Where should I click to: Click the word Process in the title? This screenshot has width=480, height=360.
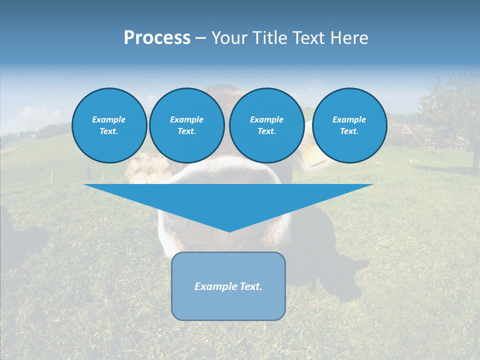[157, 38]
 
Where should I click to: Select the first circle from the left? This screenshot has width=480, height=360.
[109, 125]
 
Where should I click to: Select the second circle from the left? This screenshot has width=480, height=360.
[186, 125]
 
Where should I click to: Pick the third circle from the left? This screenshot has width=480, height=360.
[266, 125]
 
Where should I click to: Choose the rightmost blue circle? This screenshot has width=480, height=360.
[349, 125]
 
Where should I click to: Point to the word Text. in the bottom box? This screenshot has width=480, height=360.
[250, 286]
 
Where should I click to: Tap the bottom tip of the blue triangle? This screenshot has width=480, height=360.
[228, 231]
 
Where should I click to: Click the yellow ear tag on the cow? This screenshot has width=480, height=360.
[314, 156]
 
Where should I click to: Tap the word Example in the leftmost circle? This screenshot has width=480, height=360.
[108, 119]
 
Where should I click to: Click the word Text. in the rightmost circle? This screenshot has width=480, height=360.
[349, 131]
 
